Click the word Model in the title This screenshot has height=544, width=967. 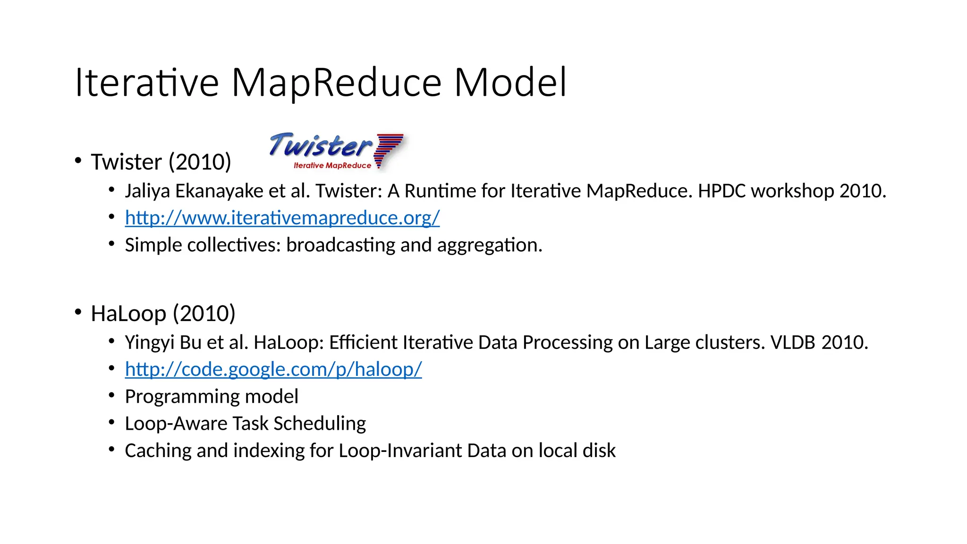[x=510, y=83]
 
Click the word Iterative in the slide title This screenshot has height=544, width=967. [x=147, y=83]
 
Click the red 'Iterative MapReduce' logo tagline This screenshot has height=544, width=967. [x=332, y=166]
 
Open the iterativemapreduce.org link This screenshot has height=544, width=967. [x=282, y=218]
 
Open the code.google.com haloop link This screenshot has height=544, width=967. [x=273, y=369]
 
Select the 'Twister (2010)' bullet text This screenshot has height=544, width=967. [x=161, y=162]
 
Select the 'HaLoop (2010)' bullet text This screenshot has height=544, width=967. [x=163, y=314]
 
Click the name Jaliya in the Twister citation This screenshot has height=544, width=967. [x=147, y=191]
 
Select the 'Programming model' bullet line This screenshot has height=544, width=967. [x=211, y=397]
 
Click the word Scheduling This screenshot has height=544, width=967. [x=320, y=424]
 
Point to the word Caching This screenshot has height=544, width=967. [x=158, y=451]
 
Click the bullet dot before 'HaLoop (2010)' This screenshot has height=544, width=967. [x=78, y=312]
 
